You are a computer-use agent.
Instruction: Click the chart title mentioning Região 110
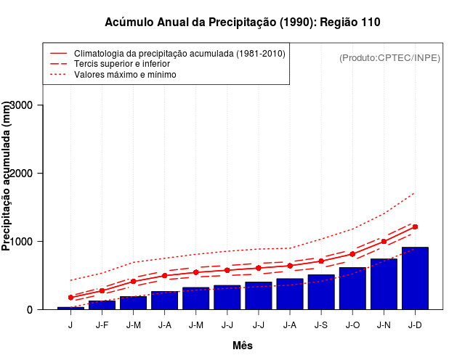point(243,23)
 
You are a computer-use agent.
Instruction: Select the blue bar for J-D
point(415,279)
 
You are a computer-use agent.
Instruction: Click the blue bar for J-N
point(384,284)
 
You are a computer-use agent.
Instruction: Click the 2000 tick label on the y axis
point(28,174)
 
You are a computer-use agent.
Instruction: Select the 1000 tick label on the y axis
point(28,242)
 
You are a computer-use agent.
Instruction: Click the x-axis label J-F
point(102,325)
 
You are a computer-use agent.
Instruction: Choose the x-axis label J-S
point(321,325)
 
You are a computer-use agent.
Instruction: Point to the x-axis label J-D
point(415,325)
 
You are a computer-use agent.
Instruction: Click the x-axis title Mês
point(243,346)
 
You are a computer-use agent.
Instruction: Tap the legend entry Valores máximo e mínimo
point(125,74)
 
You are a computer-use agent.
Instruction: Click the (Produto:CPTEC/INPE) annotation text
point(389,57)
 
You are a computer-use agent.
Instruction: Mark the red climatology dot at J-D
point(415,227)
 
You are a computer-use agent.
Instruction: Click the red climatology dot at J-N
point(384,242)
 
